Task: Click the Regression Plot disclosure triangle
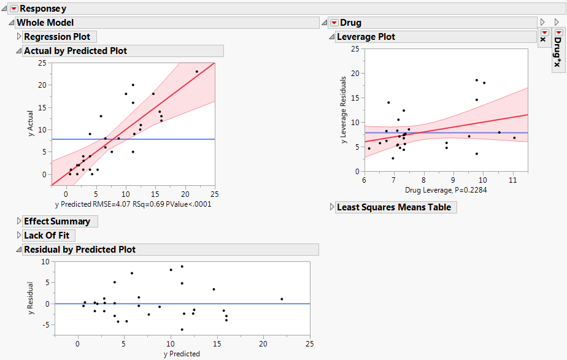click(x=18, y=37)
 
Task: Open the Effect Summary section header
click(x=56, y=221)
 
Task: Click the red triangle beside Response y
click(x=14, y=9)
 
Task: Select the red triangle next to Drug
click(x=334, y=23)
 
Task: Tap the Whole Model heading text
click(x=45, y=23)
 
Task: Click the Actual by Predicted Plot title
click(x=75, y=51)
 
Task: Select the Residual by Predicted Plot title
click(x=79, y=250)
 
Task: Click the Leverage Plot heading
click(x=366, y=37)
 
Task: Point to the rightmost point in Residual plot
click(x=282, y=299)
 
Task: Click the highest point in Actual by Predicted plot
click(x=197, y=72)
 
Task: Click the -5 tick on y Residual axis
click(x=44, y=324)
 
